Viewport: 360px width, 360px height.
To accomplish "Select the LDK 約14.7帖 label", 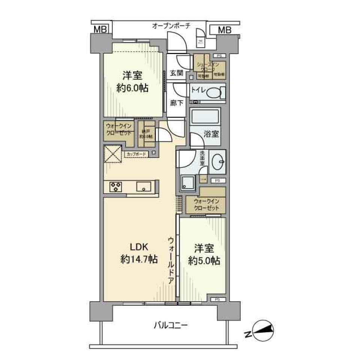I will [x=139, y=253].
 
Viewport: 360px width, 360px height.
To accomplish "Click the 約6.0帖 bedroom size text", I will [x=132, y=88].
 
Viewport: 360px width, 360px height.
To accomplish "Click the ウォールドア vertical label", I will [x=171, y=260].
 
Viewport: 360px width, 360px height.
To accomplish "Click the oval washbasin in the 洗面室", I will [x=217, y=162].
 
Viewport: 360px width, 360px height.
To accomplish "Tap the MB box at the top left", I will [x=100, y=29].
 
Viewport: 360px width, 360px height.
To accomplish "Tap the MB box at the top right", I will [x=224, y=30].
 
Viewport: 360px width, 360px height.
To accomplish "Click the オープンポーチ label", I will [x=171, y=25].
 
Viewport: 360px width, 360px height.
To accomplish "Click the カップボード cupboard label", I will [x=136, y=154].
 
